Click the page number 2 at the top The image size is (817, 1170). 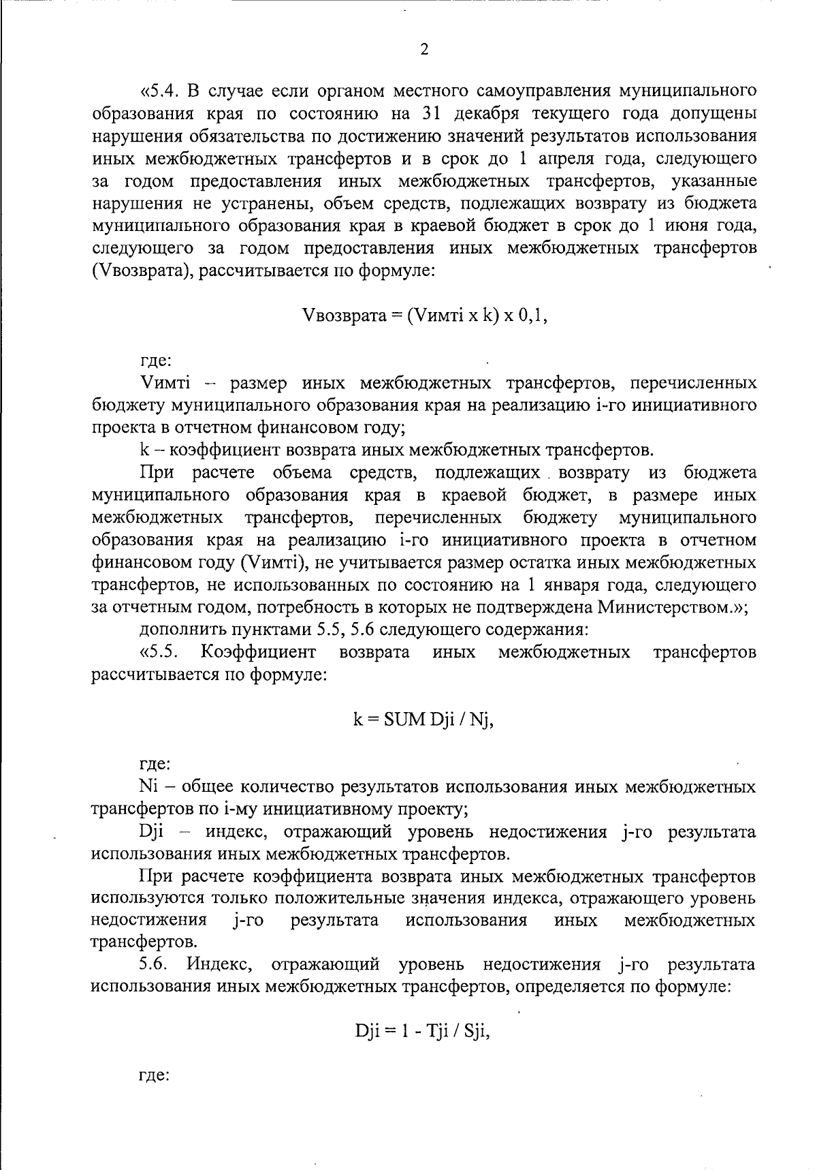[x=424, y=49]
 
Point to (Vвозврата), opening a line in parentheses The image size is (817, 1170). [x=135, y=271]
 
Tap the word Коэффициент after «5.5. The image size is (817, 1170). [x=259, y=653]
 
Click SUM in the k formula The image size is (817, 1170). [x=404, y=720]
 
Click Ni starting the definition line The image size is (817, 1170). [x=148, y=787]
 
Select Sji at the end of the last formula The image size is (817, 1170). [x=476, y=1032]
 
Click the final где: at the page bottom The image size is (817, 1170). [x=155, y=1077]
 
